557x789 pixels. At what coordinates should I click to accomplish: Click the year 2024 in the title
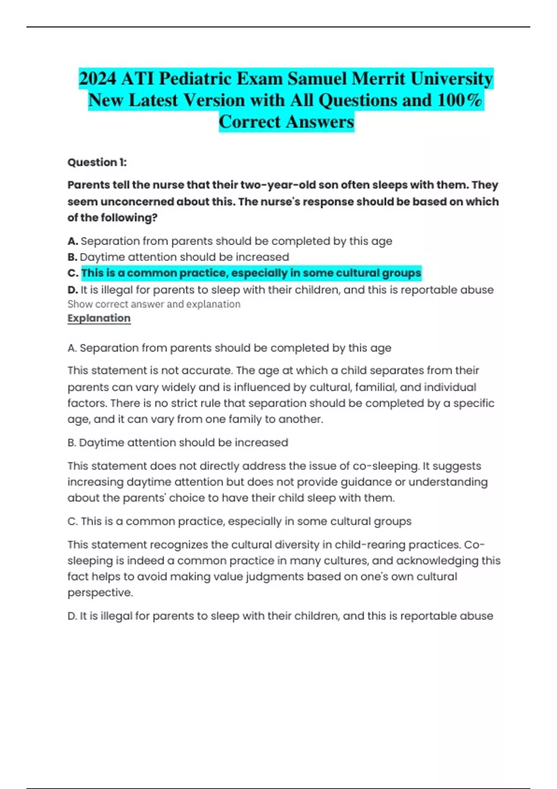(x=97, y=78)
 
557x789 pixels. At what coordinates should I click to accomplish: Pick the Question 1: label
(x=97, y=162)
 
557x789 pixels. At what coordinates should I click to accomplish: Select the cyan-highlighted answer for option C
(x=251, y=273)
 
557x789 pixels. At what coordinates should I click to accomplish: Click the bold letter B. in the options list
(x=72, y=257)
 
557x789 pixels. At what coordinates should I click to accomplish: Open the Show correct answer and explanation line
(x=154, y=304)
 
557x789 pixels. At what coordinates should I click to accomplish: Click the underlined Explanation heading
(x=99, y=318)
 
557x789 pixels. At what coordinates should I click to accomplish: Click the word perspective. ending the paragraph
(x=100, y=593)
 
